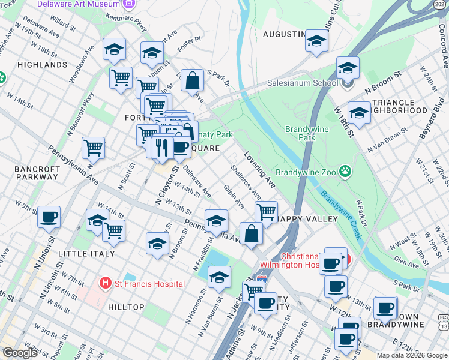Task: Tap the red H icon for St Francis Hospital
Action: [x=106, y=282]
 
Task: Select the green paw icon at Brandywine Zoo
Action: [x=345, y=172]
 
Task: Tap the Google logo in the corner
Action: [x=20, y=353]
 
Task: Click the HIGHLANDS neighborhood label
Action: [x=42, y=65]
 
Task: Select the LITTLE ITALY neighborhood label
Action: [x=86, y=254]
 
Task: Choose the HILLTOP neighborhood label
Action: [x=126, y=307]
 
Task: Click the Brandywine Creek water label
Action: [x=340, y=214]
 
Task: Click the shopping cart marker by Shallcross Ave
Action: [x=266, y=211]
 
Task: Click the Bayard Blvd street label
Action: [x=428, y=124]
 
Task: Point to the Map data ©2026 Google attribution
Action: [x=411, y=355]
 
